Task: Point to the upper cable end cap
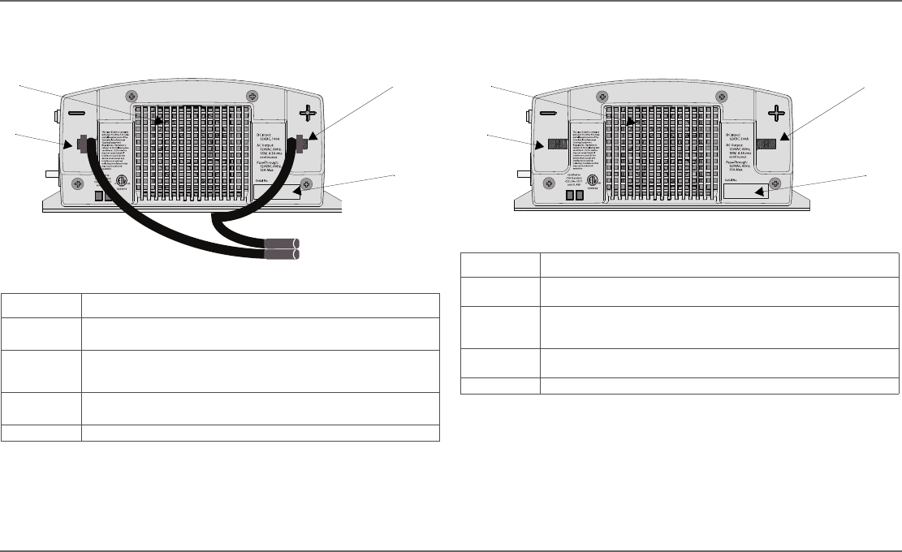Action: click(x=281, y=242)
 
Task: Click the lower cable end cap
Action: click(x=281, y=255)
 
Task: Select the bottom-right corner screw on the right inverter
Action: click(x=775, y=183)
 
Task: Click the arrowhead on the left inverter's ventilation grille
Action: click(x=158, y=120)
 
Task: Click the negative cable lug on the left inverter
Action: click(x=83, y=145)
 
